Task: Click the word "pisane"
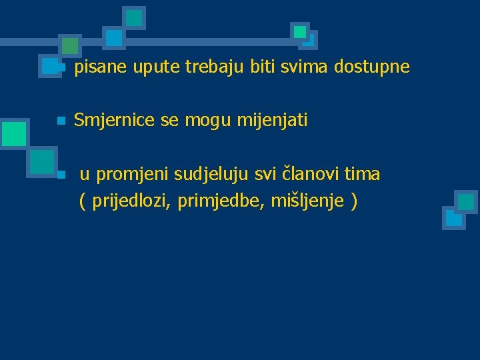click(x=101, y=67)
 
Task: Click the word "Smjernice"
click(x=114, y=121)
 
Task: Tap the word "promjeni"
click(x=133, y=175)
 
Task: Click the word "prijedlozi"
click(x=132, y=201)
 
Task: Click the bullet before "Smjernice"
click(x=60, y=121)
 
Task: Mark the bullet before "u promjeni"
click(x=60, y=175)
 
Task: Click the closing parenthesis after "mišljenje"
click(x=354, y=201)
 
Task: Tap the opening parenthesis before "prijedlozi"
click(x=82, y=201)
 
